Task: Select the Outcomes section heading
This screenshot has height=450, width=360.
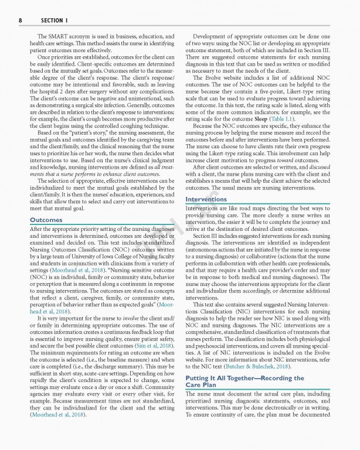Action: (47, 220)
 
